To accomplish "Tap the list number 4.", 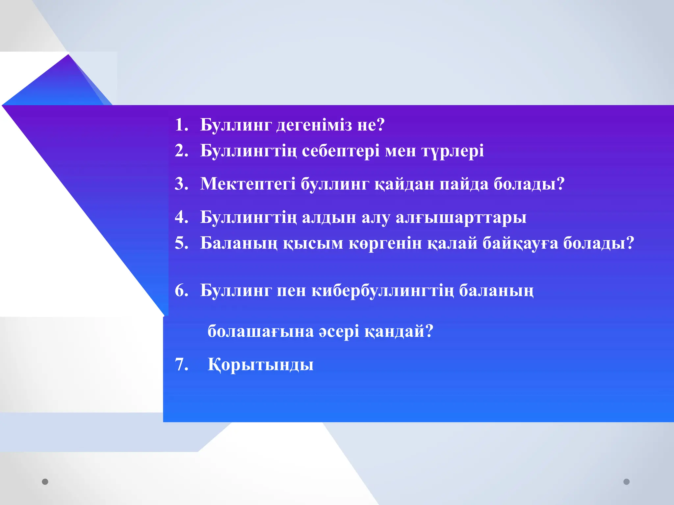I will pyautogui.click(x=181, y=217).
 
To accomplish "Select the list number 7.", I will pyautogui.click(x=181, y=365).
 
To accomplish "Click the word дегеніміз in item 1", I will pyautogui.click(x=314, y=125).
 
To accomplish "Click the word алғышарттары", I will pyautogui.click(x=461, y=217).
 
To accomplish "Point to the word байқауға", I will pyautogui.click(x=520, y=244).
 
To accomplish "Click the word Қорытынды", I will pyautogui.click(x=260, y=365).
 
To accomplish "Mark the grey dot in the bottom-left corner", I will pyautogui.click(x=45, y=482).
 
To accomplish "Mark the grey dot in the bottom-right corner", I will pyautogui.click(x=627, y=482).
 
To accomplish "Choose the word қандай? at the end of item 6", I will pyautogui.click(x=399, y=331).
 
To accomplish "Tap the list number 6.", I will pyautogui.click(x=181, y=291).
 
